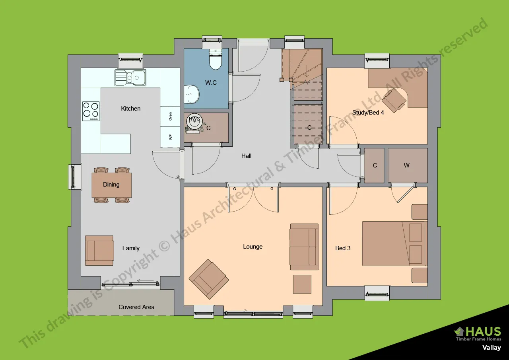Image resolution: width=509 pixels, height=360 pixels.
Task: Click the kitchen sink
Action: (x=130, y=78)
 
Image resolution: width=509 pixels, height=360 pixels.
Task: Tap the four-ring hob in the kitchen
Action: (x=91, y=111)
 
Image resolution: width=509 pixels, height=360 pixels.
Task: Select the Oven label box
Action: (x=170, y=117)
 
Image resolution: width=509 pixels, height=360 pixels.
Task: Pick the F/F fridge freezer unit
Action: (x=170, y=137)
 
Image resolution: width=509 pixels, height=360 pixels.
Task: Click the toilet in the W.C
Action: (x=215, y=59)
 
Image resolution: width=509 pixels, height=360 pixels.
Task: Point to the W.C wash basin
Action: (x=192, y=94)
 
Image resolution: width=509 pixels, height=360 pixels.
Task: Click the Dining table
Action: (x=112, y=185)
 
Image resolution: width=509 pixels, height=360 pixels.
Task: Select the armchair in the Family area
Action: (x=99, y=251)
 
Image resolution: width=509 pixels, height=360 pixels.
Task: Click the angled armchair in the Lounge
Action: (x=209, y=279)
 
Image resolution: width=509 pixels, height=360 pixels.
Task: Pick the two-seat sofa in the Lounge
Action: (x=304, y=247)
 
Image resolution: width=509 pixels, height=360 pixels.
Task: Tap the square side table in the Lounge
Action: (x=302, y=284)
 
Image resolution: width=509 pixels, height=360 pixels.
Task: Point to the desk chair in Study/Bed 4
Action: (x=394, y=100)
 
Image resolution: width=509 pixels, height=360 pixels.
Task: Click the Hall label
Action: (x=246, y=156)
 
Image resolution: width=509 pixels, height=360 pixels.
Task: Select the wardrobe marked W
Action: (x=408, y=165)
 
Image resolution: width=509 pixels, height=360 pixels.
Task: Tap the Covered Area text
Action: (x=136, y=307)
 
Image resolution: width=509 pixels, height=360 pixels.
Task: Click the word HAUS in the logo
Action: (x=483, y=331)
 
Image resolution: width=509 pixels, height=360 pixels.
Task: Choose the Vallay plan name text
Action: (x=492, y=348)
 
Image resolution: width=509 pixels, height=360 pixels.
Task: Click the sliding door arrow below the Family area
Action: (x=145, y=281)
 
